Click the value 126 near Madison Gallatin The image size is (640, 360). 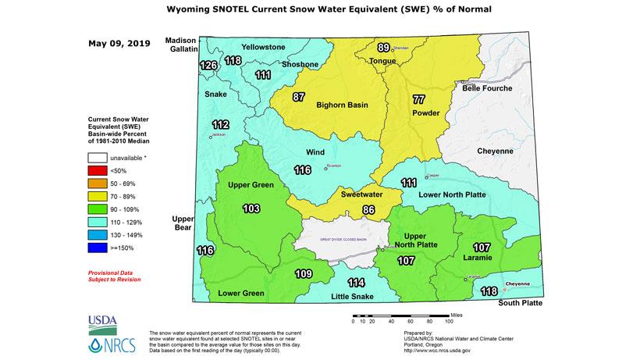208,65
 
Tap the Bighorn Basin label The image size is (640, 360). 342,105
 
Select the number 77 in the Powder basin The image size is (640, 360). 418,99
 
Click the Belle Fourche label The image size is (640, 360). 487,88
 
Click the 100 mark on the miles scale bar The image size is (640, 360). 449,321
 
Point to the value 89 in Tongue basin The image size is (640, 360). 383,48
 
